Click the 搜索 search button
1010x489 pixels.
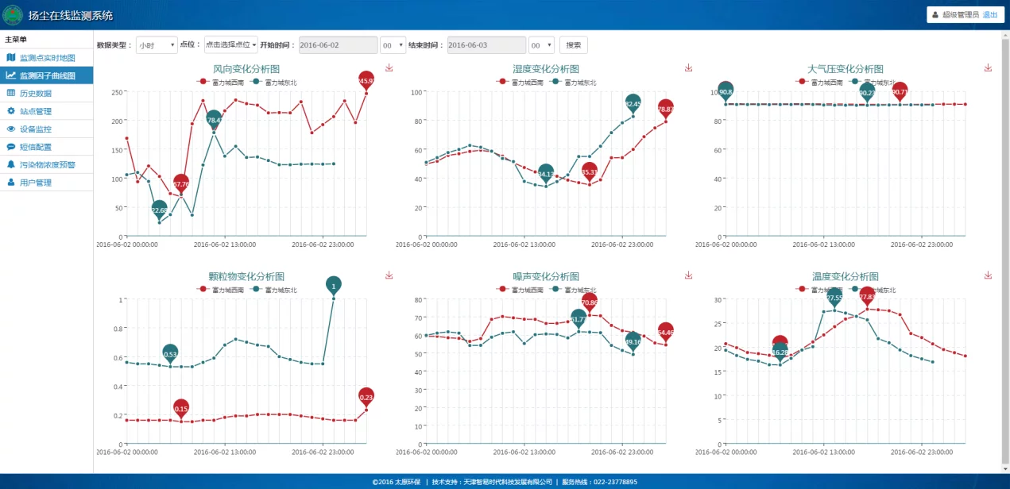(573, 45)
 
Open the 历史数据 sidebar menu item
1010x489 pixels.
(35, 94)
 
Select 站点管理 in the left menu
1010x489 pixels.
(35, 111)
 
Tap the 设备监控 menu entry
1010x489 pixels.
(35, 129)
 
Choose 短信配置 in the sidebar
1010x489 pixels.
(35, 147)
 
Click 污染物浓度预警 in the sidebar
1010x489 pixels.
(47, 165)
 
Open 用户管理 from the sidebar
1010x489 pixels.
(35, 183)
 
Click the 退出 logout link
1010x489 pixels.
(990, 14)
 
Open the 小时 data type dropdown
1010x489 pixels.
(157, 45)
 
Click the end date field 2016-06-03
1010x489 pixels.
(486, 45)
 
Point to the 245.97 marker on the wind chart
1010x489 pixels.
(366, 80)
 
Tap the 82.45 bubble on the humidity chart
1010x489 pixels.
(633, 103)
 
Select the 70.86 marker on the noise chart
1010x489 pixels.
(589, 302)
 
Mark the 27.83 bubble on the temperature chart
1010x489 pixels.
(867, 296)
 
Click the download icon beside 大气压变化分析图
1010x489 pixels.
(988, 68)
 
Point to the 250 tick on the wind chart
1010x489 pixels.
(116, 92)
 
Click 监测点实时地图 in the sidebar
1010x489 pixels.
(47, 58)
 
